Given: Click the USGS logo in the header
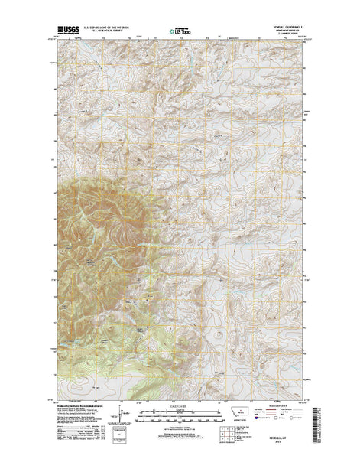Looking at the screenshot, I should click(66, 31).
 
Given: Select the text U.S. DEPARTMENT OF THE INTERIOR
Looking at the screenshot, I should click(112, 28).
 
